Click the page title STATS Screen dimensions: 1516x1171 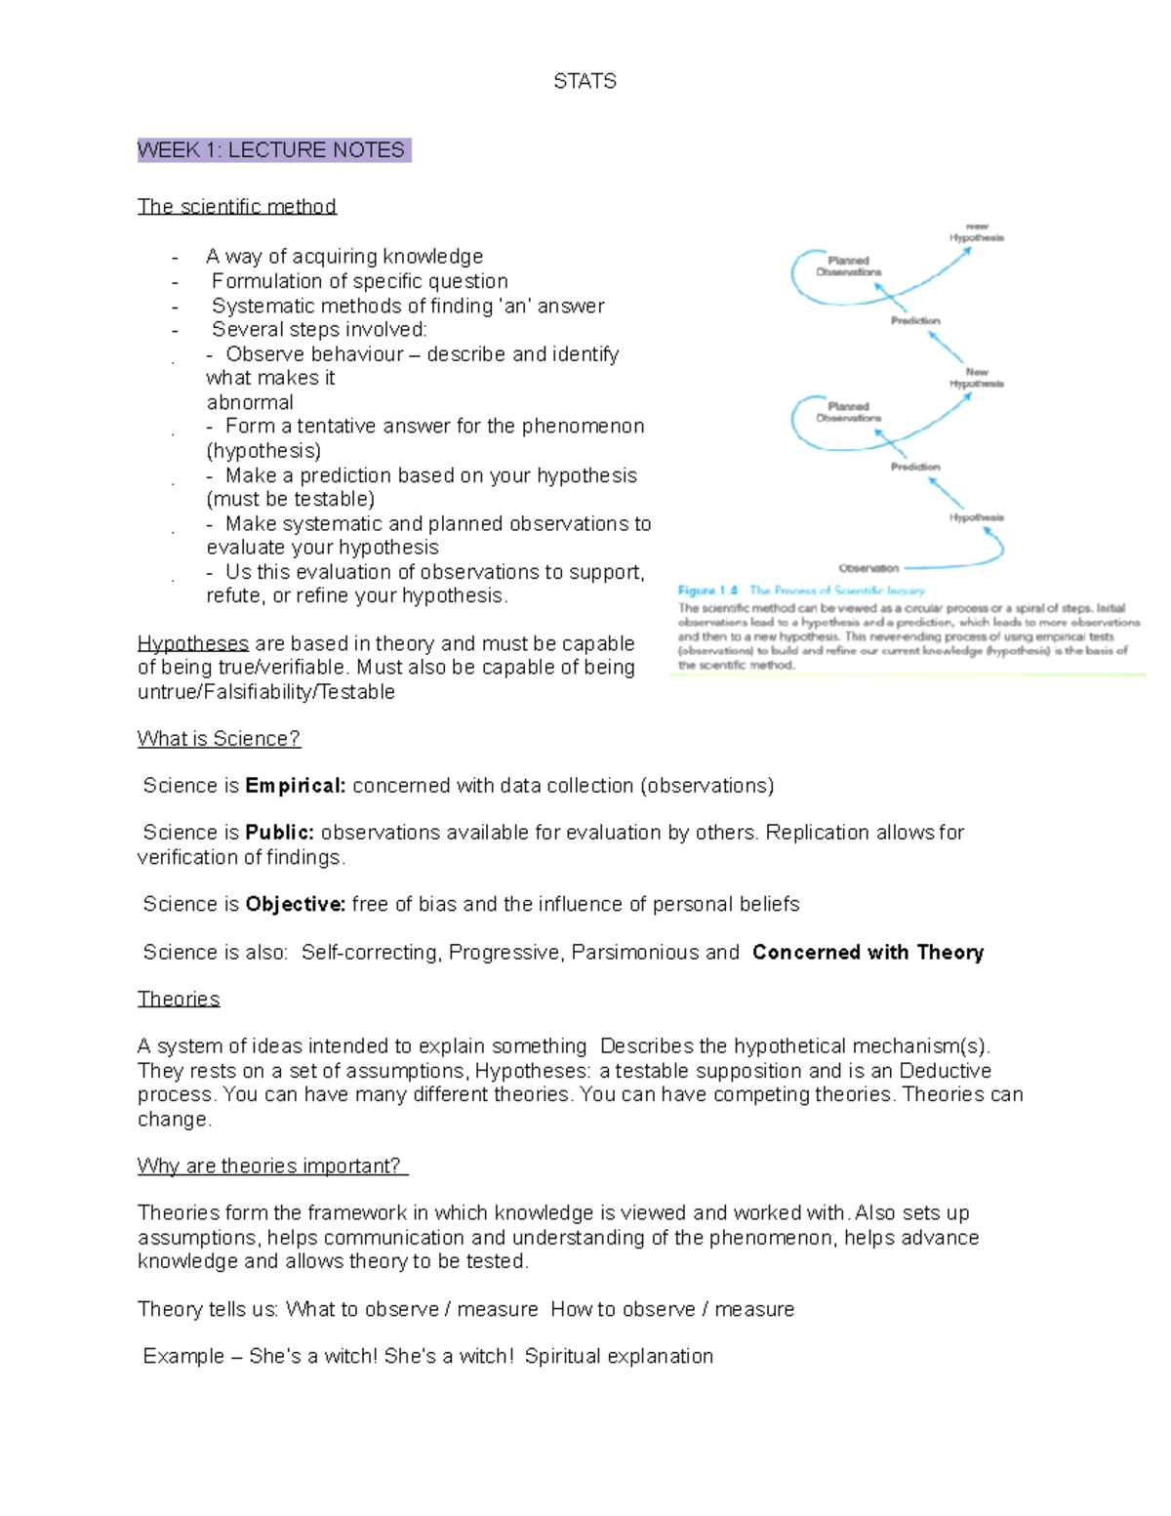[585, 81]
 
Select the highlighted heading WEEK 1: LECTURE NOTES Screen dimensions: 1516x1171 [272, 150]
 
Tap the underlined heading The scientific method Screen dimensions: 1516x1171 [236, 206]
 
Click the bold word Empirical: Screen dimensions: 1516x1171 [295, 786]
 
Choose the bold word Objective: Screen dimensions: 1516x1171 [295, 904]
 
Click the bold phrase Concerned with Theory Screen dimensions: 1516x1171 [868, 952]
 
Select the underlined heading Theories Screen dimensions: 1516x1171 [179, 999]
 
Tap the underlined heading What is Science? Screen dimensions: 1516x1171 [219, 739]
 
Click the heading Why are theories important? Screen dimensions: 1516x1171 [271, 1166]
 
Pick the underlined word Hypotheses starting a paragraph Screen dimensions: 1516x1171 [192, 643]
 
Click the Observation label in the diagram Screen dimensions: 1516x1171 [868, 568]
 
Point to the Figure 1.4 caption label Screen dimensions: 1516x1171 [707, 591]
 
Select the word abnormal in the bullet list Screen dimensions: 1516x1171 [250, 402]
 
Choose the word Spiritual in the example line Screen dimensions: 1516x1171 [562, 1356]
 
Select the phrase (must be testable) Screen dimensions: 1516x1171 [290, 499]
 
